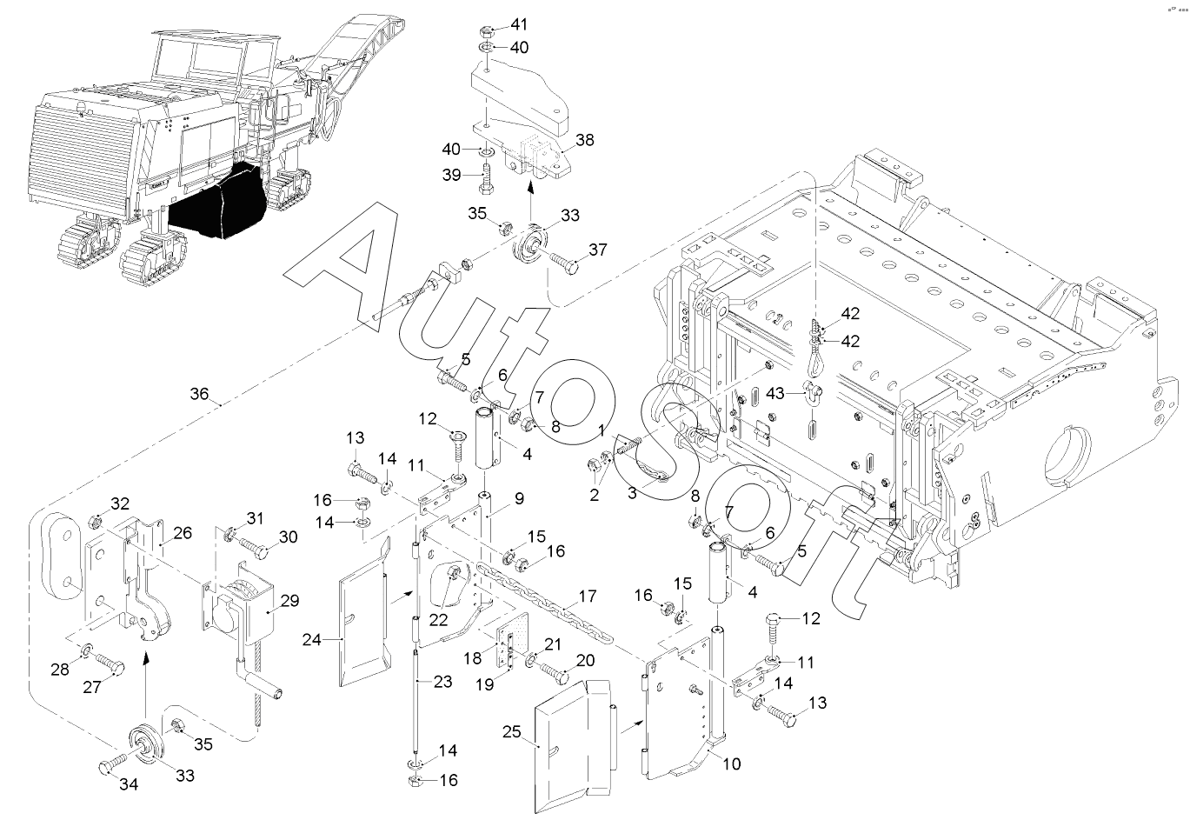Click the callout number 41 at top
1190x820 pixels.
click(518, 24)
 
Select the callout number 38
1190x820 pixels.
click(584, 140)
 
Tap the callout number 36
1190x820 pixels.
click(199, 394)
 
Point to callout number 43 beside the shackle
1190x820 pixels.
click(775, 393)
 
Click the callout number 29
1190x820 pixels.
click(289, 601)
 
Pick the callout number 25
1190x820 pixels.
click(512, 732)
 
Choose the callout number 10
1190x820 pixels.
click(732, 763)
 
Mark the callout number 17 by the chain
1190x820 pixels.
click(587, 597)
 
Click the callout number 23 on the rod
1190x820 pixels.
click(442, 681)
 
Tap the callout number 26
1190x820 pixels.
click(183, 533)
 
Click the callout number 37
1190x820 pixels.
click(598, 250)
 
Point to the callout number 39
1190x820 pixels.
click(451, 175)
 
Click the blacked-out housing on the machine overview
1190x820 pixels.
click(218, 202)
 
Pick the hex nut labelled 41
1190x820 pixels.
click(488, 31)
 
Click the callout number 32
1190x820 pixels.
click(120, 503)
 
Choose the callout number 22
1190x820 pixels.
click(438, 620)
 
